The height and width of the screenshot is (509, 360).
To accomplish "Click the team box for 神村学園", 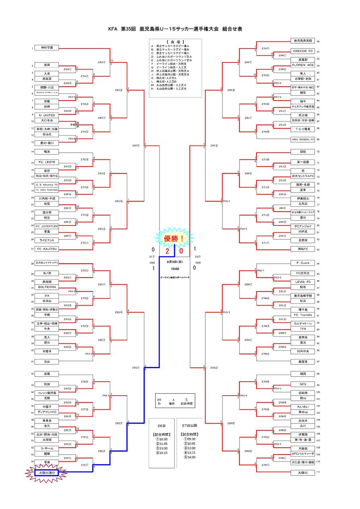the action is pos(46,48).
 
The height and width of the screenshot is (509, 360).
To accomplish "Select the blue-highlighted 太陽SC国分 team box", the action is pos(46,472).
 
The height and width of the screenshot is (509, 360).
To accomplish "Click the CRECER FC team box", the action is pos(303,51).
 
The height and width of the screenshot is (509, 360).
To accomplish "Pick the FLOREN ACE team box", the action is pos(303,65).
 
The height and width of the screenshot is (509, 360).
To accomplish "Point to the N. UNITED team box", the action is pos(46,115).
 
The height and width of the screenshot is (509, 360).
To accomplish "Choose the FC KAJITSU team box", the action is pos(46,249).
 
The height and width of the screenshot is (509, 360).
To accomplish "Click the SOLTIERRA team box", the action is pos(46,287).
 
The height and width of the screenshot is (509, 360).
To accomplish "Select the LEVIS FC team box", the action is pos(303,282).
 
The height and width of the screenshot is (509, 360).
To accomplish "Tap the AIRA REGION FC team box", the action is pos(303,140).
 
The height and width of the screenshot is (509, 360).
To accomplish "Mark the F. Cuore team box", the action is pos(303,263).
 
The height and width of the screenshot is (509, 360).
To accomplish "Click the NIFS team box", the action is pos(303,385).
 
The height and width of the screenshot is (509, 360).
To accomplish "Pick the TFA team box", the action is pos(303,329).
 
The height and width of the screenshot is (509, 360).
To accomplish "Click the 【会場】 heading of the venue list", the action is pos(175,41).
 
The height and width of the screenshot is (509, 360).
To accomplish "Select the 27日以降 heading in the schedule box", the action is pos(189,425).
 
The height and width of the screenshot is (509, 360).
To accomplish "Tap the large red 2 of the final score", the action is pos(167,251).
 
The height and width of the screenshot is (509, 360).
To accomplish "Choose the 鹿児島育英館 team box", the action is pos(303,41).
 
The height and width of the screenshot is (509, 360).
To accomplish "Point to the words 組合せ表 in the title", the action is pos(232,29).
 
